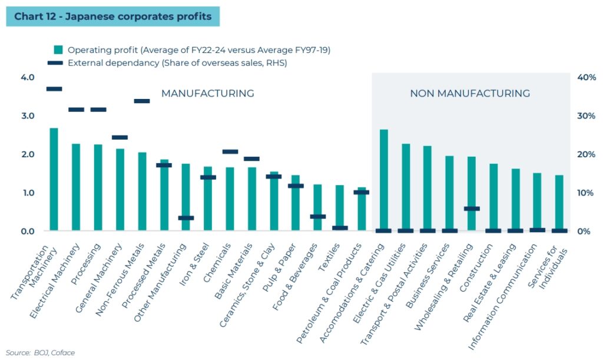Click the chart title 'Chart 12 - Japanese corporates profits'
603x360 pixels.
(112, 16)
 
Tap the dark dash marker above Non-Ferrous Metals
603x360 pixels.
(142, 101)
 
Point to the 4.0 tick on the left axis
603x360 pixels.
(28, 78)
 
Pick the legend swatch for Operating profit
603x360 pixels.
(58, 50)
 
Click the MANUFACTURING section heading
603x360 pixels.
(208, 94)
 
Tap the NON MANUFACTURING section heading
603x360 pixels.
(470, 94)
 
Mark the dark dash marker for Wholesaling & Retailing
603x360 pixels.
(472, 209)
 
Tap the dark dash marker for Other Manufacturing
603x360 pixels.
(186, 218)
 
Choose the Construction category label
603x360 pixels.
(478, 262)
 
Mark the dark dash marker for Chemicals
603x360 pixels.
(230, 152)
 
